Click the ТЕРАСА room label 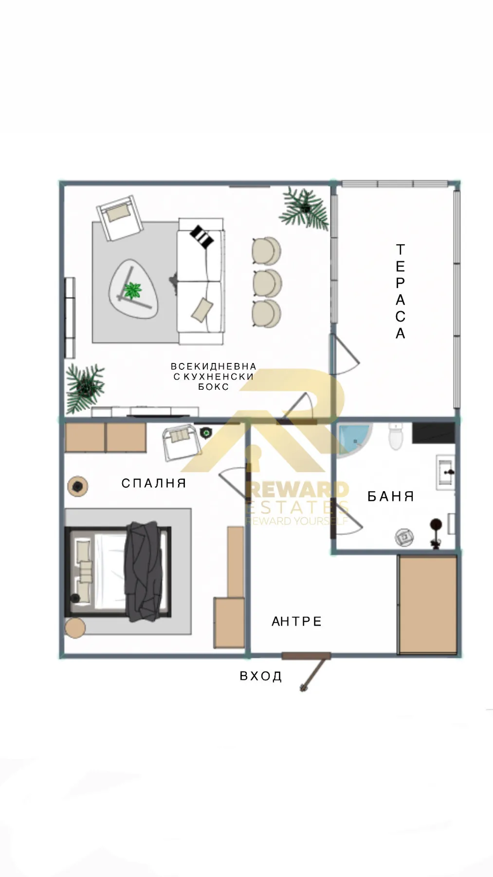pos(400,291)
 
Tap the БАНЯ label pos(390,496)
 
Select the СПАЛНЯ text pos(154,483)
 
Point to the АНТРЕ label pos(296,622)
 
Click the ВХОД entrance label pos(261,676)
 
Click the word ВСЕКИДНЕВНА pos(213,366)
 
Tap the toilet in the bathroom pos(396,436)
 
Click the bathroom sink pos(446,472)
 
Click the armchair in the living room pos(119,217)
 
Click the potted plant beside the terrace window pos(305,209)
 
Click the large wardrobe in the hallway pos(427,605)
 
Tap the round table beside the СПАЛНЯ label pos(77,486)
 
